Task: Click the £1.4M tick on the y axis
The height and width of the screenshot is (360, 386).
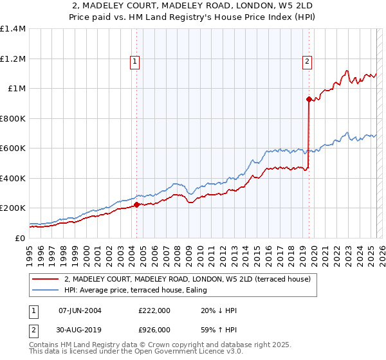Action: tap(13, 29)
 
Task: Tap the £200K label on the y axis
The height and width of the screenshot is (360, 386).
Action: tap(13, 208)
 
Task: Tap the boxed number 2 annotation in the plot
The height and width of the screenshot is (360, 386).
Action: tap(308, 62)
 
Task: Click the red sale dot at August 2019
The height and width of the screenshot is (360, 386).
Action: tap(309, 99)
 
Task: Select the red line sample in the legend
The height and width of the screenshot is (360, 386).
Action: tap(46, 279)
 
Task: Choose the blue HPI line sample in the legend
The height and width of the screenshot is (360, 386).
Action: tap(46, 290)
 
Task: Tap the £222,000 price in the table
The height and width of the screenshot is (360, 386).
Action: tap(154, 310)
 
